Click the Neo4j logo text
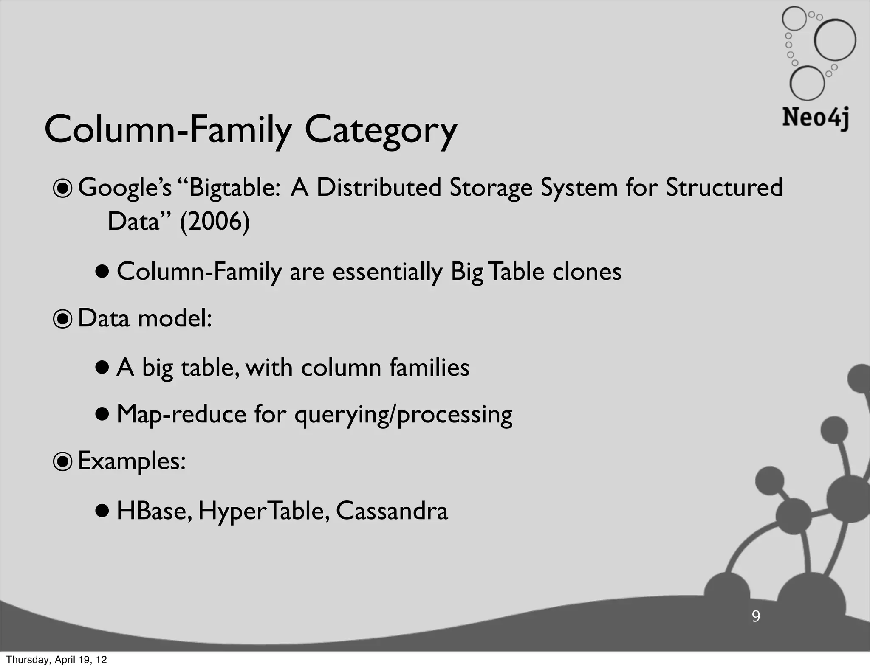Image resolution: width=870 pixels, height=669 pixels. (x=815, y=118)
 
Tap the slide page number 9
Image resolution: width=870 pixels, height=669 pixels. (x=756, y=616)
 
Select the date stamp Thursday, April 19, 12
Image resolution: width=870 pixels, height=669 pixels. (x=56, y=660)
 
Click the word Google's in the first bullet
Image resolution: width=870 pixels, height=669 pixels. (x=125, y=188)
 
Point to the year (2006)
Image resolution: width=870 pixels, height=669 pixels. (x=215, y=221)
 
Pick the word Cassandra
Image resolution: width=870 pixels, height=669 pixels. (x=392, y=511)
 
